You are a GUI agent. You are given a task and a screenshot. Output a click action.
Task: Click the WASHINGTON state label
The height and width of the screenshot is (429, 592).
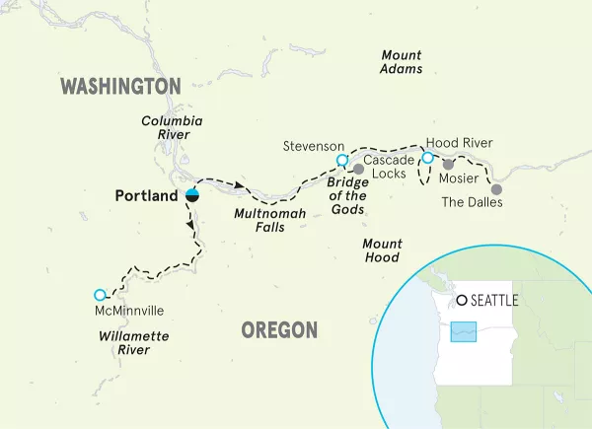(121, 87)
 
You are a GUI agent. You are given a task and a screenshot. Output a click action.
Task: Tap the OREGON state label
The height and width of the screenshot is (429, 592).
(280, 329)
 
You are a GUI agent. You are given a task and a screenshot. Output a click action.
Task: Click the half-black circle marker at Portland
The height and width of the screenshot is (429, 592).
(193, 193)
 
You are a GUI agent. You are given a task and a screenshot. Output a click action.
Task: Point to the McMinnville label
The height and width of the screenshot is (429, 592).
(126, 311)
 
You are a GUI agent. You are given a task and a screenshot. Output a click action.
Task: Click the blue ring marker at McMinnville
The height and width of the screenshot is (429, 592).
(99, 295)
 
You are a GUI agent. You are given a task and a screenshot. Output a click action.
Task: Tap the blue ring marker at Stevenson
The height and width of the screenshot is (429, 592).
(341, 161)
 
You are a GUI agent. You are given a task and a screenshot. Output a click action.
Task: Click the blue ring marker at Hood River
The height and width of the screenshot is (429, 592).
(427, 157)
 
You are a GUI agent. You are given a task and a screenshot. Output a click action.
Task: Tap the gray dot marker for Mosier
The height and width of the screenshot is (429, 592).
(448, 165)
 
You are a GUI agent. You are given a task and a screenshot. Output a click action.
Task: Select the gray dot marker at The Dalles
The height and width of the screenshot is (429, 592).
(496, 188)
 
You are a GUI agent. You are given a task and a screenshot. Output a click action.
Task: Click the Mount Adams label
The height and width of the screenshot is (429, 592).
(402, 62)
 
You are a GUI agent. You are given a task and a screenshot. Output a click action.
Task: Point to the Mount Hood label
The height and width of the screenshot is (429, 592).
(381, 250)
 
